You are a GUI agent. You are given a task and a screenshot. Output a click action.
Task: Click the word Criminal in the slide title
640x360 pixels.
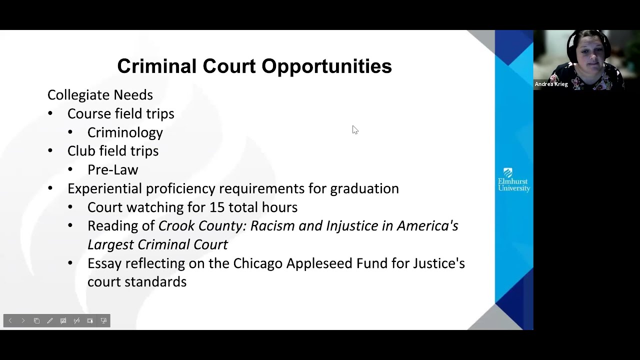(156, 66)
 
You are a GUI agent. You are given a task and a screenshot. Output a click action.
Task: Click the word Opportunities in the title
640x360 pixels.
(326, 66)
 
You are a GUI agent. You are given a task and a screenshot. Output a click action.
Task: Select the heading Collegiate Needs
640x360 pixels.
(100, 95)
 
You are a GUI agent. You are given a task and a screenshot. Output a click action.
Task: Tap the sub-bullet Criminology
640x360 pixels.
(125, 132)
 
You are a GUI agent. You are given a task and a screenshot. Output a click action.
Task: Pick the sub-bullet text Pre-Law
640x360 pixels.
(112, 170)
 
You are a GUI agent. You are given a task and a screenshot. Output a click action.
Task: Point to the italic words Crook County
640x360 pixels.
(202, 226)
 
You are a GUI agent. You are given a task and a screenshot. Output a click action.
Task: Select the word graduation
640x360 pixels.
(364, 188)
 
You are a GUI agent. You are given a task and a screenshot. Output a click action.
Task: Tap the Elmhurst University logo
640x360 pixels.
(513, 180)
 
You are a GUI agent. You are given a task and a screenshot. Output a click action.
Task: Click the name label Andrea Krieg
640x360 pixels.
(551, 84)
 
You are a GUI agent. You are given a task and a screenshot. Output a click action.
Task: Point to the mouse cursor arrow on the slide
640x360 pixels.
(355, 130)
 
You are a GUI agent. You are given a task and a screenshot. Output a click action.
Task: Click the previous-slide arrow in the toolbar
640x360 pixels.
(10, 320)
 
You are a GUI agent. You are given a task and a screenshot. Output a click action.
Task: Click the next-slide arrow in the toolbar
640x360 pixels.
(23, 320)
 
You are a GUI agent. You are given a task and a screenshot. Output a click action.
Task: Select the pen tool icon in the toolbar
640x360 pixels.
(50, 320)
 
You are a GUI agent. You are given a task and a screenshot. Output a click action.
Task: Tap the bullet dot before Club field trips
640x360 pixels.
(50, 151)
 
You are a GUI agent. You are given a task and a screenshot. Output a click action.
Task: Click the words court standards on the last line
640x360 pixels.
(137, 282)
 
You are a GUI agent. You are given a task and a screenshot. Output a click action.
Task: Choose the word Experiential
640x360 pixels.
(104, 188)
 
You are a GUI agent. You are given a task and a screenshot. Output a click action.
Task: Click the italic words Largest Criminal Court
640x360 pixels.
(157, 244)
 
